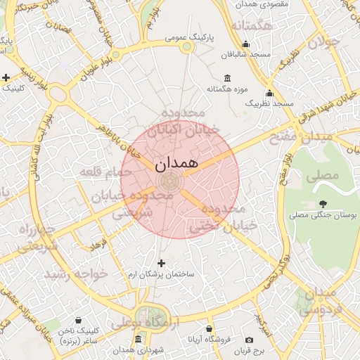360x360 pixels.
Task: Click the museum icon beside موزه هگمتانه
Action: [226, 78]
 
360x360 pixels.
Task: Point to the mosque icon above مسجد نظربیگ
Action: [269, 93]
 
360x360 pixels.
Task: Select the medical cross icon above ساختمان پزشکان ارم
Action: [162, 263]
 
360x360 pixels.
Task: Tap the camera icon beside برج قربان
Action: [249, 340]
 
